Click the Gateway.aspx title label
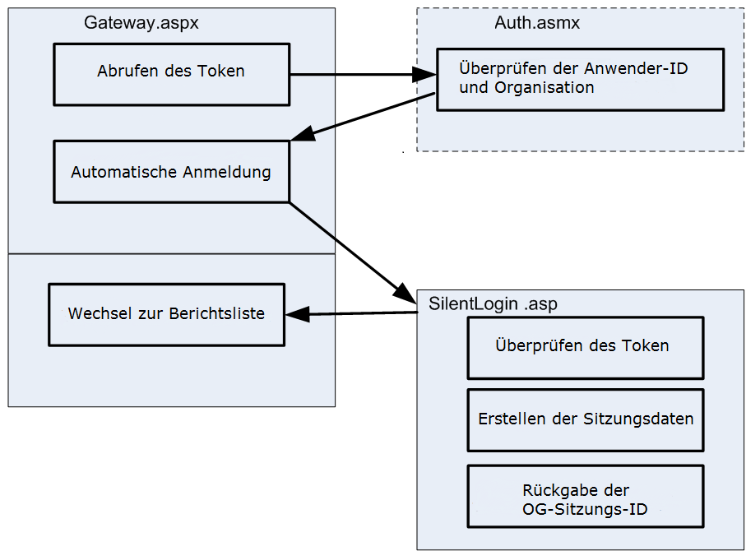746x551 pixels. [141, 23]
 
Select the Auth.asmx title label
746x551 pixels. [537, 23]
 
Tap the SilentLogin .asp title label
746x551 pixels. [493, 303]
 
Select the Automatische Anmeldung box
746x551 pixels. [171, 172]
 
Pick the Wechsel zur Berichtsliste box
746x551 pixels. [166, 314]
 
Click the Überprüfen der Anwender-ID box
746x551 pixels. [580, 79]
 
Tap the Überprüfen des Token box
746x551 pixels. [585, 347]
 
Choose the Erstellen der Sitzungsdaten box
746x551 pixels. [585, 419]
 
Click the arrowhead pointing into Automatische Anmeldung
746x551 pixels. [302, 135]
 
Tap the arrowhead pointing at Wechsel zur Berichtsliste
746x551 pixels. [296, 314]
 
